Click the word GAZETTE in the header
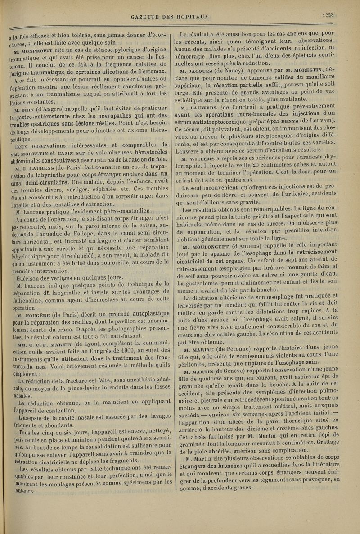pyautogui.click(x=146, y=17)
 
